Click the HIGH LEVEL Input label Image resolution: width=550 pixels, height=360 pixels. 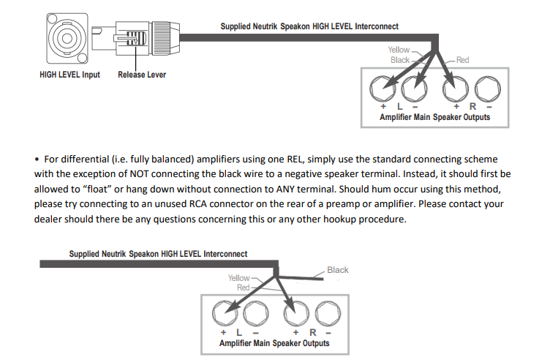(69, 75)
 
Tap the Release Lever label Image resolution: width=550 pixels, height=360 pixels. (142, 75)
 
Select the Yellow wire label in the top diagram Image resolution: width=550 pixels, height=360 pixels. (399, 50)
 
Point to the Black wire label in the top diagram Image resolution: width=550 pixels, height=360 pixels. (400, 60)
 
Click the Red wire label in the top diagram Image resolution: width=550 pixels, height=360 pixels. (462, 60)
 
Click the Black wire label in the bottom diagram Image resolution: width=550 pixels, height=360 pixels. (338, 270)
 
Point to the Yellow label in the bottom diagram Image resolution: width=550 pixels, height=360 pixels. (238, 278)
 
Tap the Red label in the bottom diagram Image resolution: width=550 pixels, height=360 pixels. (244, 288)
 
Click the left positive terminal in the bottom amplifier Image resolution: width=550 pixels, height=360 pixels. (223, 315)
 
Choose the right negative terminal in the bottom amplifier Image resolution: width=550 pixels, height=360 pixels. (324, 315)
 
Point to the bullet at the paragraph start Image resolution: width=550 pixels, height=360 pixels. (37, 159)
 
